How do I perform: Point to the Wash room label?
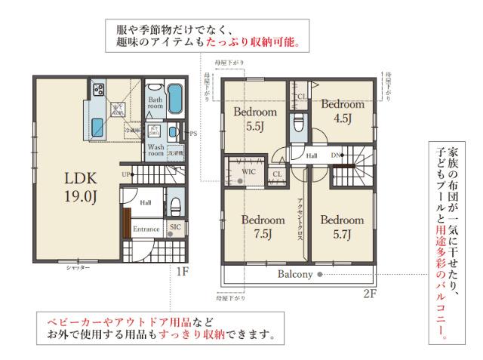coord(156,149)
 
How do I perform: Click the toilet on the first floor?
coord(175,205)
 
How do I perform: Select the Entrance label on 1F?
coord(146,227)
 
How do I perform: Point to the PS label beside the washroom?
coord(193,134)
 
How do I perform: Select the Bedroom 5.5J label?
coord(254,118)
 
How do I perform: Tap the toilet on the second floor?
coord(297,123)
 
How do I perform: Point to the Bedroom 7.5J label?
coord(263,226)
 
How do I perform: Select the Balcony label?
coord(294,274)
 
